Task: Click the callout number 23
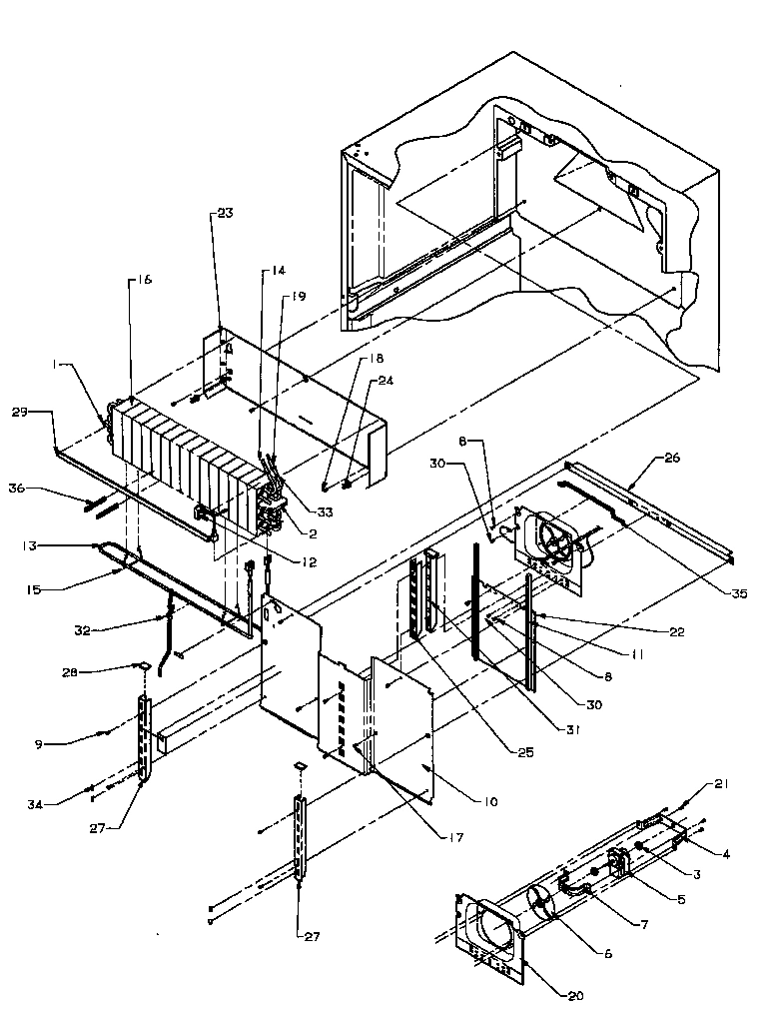pyautogui.click(x=225, y=214)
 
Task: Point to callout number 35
pyautogui.click(x=738, y=592)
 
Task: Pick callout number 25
pyautogui.click(x=523, y=752)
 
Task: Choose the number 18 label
pyautogui.click(x=349, y=358)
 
